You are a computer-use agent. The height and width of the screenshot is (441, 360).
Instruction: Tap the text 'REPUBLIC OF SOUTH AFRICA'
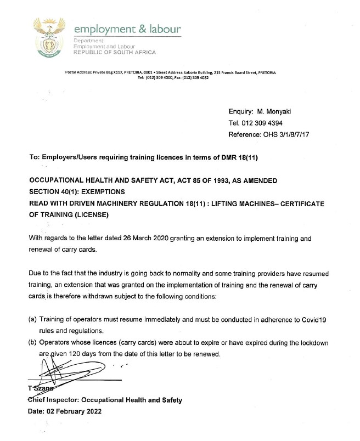[x=115, y=53]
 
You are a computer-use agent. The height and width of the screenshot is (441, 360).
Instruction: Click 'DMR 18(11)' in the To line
[x=238, y=157]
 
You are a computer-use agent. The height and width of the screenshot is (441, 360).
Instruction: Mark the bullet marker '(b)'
[x=32, y=343]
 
